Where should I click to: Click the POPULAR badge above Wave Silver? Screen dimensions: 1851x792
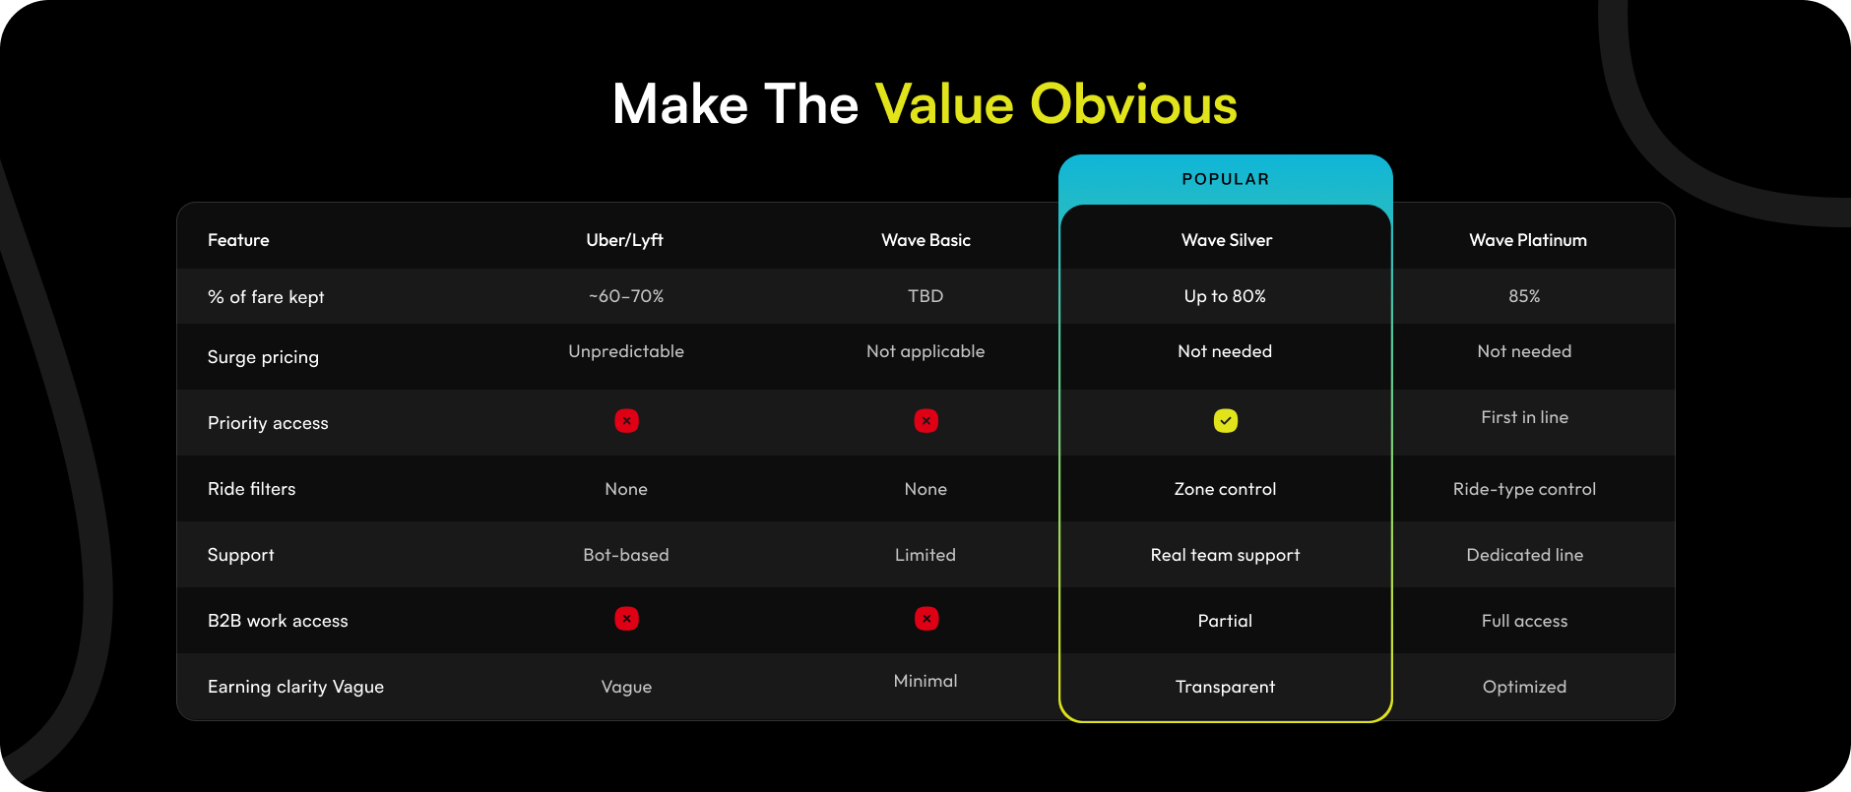[x=1225, y=179]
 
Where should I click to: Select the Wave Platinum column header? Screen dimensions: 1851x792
[x=1528, y=240]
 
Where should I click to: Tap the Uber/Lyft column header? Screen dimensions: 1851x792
[x=625, y=240]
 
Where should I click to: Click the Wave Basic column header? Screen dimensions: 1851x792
[x=925, y=240]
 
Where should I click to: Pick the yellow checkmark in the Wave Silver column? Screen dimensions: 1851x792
[x=1226, y=421]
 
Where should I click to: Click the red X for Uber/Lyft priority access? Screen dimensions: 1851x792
[x=626, y=421]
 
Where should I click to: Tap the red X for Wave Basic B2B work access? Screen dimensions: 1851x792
[x=926, y=619]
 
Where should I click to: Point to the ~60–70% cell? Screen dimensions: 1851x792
[x=626, y=296]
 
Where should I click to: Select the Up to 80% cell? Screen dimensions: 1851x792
[x=1225, y=296]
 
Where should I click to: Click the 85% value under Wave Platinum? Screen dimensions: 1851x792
[x=1524, y=296]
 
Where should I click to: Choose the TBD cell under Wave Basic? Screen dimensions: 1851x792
[x=925, y=296]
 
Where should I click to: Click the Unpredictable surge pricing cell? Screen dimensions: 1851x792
[x=626, y=352]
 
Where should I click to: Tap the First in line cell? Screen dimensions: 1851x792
[x=1524, y=417]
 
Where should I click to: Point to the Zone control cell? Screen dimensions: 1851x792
[x=1225, y=489]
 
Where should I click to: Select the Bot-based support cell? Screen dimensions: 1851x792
[x=626, y=555]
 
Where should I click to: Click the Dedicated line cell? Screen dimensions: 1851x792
[x=1524, y=555]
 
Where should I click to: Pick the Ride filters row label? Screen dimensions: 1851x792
[x=251, y=489]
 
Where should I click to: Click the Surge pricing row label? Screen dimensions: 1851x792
[x=263, y=357]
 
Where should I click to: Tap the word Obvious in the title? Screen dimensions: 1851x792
[x=1133, y=104]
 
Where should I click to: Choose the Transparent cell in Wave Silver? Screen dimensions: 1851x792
[x=1225, y=687]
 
